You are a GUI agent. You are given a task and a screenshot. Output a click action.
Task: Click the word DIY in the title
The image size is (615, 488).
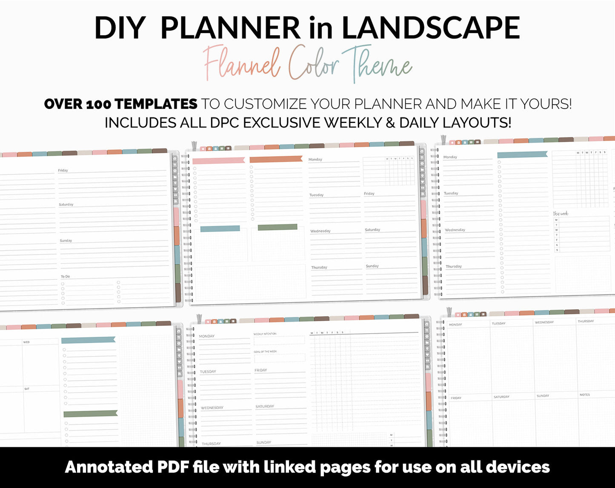pos(120,28)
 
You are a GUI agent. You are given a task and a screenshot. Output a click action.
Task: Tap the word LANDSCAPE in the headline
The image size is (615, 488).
pos(431,28)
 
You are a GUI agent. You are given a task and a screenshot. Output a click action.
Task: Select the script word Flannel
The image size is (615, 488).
pos(241,64)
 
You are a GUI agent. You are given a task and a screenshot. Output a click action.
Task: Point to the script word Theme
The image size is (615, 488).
pos(376,65)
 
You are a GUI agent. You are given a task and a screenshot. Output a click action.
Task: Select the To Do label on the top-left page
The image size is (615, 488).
pos(65,277)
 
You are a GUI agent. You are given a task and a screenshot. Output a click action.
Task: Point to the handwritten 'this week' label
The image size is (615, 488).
pos(561,214)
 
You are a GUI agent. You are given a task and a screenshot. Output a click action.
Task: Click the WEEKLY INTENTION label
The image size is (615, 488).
pos(265,334)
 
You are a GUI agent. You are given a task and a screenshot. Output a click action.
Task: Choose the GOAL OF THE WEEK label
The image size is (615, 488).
pos(265,351)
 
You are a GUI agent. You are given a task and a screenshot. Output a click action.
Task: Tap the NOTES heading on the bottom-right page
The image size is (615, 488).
pos(585,395)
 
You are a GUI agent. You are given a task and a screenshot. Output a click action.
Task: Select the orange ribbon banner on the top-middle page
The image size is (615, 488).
pos(276,160)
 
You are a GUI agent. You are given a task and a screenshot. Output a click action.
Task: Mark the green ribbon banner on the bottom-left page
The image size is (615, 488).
pos(90,414)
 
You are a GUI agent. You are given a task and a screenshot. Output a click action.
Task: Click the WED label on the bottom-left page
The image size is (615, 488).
pos(26,342)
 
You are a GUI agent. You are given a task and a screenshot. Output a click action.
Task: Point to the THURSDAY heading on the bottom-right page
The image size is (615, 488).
pos(586,321)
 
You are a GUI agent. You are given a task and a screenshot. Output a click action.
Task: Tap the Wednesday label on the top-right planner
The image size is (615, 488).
pos(455,230)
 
